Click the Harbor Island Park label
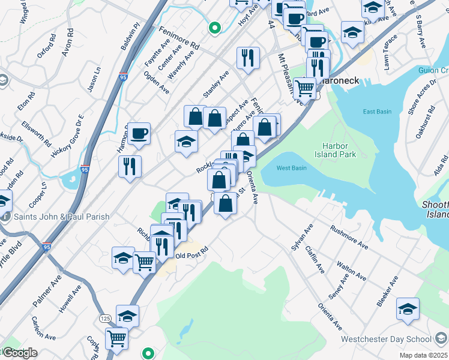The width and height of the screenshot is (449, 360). (339, 150)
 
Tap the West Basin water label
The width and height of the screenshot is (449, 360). (292, 168)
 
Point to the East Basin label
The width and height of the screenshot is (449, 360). (377, 112)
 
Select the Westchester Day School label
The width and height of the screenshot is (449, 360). (385, 339)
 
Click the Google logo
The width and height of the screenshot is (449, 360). (20, 353)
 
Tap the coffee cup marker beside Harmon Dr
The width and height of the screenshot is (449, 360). (139, 133)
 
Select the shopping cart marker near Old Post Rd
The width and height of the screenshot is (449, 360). (144, 262)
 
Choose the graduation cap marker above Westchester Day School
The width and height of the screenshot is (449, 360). (408, 308)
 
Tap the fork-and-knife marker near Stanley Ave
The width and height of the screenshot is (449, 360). (248, 58)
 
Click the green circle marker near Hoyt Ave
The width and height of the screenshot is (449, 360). (214, 27)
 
